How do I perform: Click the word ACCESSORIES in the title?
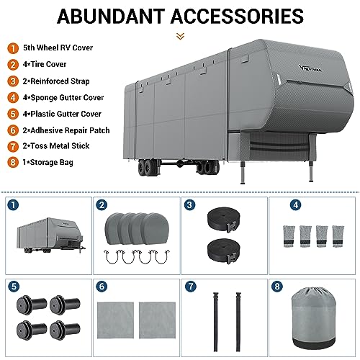click(241, 16)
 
